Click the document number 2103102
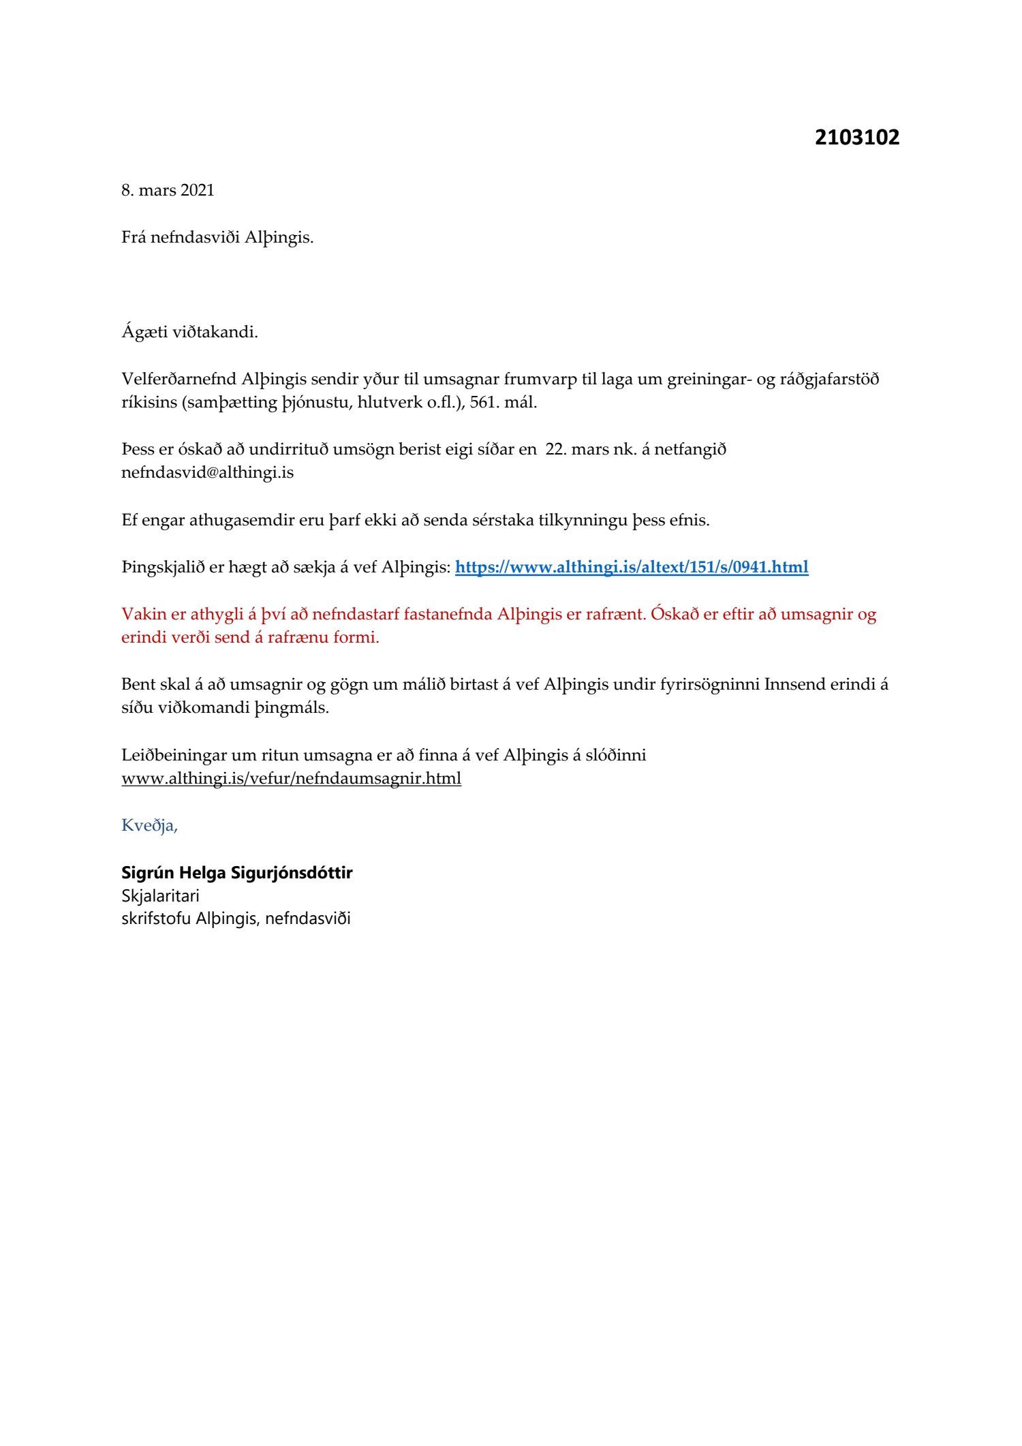856,137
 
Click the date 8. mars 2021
168,190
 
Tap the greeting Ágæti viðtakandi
189,333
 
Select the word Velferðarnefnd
179,379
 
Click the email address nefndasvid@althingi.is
207,472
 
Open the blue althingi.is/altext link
631,567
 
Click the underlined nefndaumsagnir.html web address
291,778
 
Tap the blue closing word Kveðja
149,825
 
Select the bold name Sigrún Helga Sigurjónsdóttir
236,872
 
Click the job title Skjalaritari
160,895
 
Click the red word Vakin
144,614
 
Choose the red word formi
356,638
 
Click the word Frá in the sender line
134,238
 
